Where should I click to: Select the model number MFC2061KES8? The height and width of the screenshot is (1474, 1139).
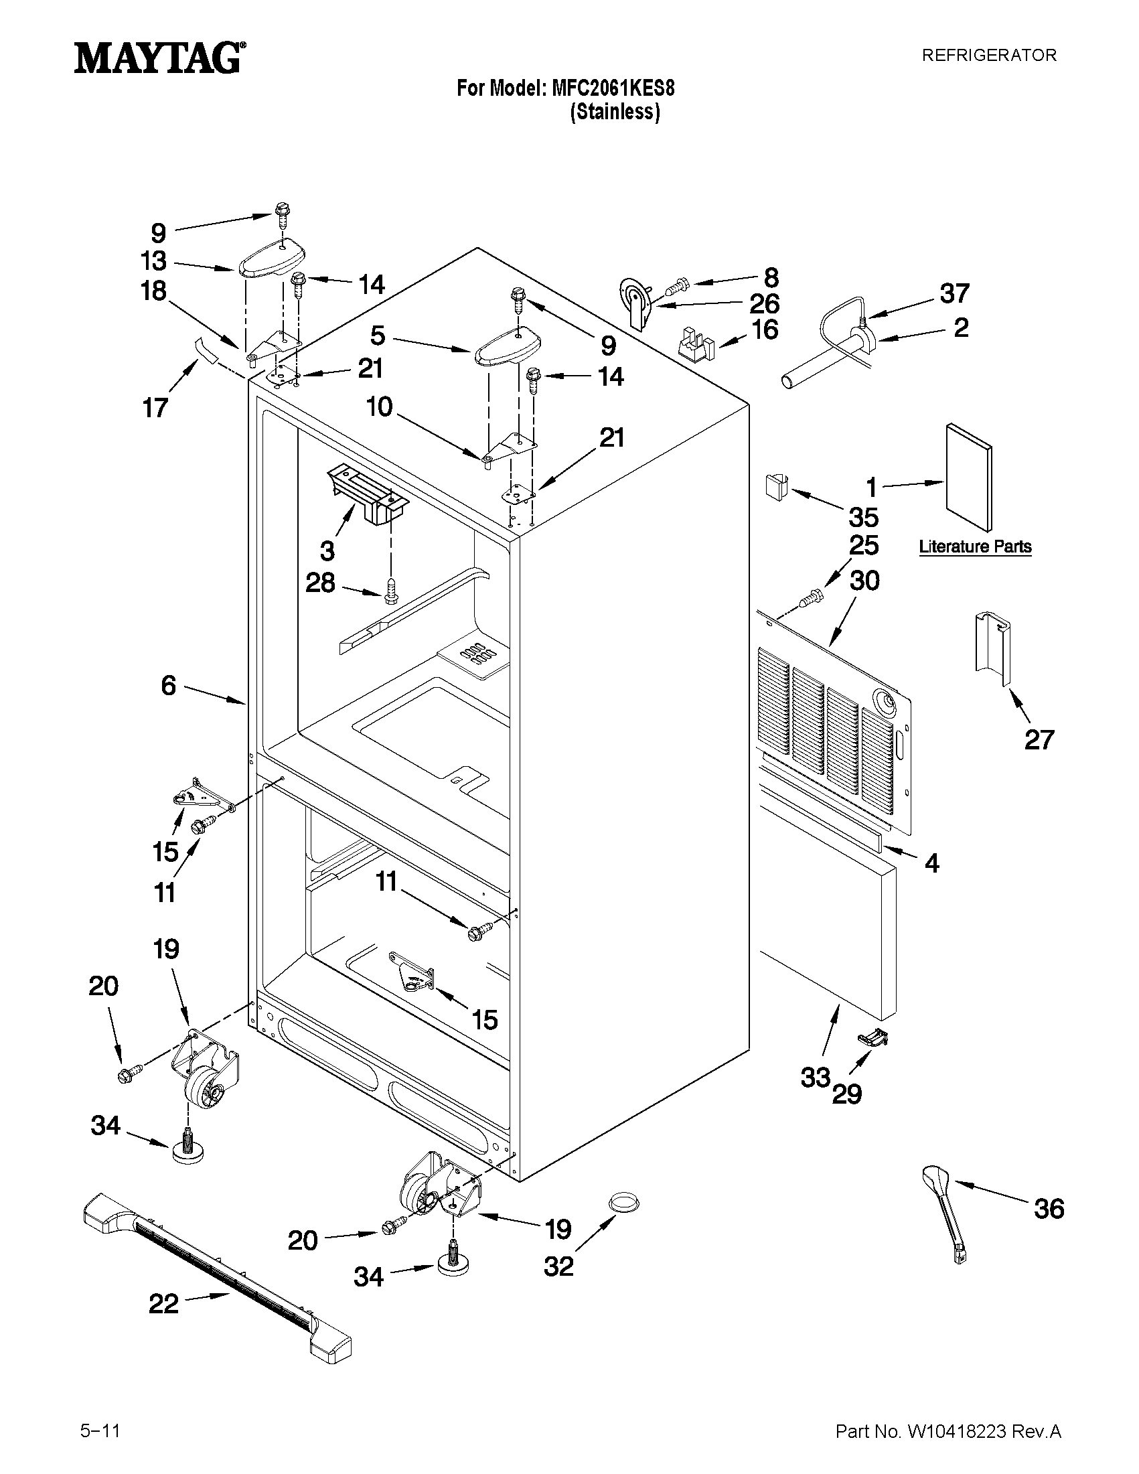point(613,88)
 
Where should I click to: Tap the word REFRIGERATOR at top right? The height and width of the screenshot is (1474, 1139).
point(988,56)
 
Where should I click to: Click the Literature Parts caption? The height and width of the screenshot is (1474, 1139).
point(975,546)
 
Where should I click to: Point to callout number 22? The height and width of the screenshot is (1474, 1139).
point(163,1304)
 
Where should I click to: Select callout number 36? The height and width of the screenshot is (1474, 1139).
point(1049,1209)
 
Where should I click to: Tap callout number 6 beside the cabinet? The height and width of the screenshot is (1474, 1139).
point(168,686)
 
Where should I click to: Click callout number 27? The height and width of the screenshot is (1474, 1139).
point(1039,740)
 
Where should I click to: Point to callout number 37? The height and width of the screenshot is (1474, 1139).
point(954,293)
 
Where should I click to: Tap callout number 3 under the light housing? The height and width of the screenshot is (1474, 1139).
point(327,550)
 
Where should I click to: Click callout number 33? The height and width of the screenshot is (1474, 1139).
point(815,1078)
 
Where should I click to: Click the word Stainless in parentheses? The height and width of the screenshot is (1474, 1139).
point(615,112)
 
